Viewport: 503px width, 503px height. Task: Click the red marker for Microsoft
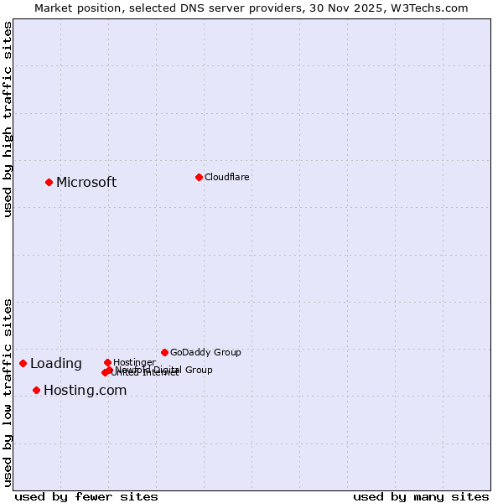49,182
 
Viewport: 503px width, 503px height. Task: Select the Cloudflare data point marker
199,177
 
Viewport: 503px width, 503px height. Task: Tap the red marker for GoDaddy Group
164,352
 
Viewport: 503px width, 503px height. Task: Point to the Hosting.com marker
36,390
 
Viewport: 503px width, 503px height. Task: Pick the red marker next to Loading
23,363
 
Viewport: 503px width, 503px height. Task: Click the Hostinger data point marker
107,362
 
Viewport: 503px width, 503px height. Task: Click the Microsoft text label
86,183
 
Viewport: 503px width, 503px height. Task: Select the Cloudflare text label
226,178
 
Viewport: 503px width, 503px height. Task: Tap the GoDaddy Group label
205,353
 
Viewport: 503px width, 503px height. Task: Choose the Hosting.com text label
85,391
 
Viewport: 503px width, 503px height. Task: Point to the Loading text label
55,364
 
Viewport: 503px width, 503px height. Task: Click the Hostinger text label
134,362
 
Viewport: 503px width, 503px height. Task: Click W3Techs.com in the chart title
427,8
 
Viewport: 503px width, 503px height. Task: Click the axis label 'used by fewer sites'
86,496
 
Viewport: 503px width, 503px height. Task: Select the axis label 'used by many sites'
421,496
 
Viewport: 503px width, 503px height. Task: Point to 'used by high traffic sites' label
8,119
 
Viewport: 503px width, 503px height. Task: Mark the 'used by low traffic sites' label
8,392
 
